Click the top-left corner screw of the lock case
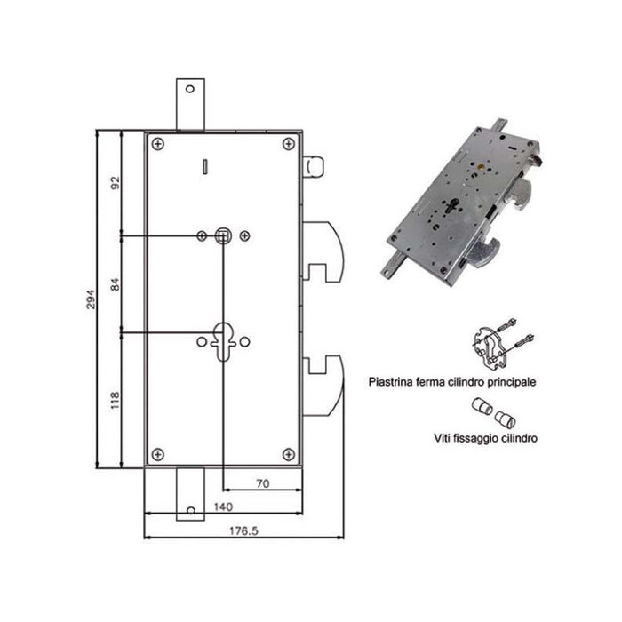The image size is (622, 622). coord(157,143)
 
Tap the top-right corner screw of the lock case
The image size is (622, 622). coord(288,143)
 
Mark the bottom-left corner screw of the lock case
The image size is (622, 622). coord(157,453)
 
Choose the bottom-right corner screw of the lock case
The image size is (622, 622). coord(288,453)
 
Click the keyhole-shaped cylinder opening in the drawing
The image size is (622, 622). coord(223,342)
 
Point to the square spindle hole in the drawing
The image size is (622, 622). coord(223,235)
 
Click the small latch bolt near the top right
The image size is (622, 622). coord(314,166)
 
